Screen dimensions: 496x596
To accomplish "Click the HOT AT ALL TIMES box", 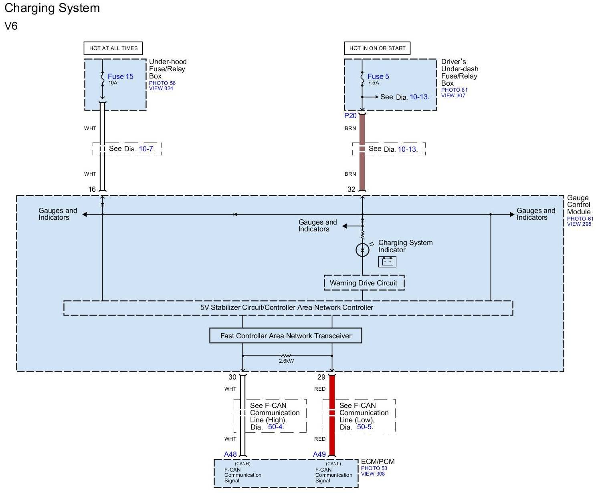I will [x=113, y=48].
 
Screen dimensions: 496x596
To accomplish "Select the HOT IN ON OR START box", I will [x=377, y=48].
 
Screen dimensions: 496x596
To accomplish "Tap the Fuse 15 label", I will [x=120, y=76].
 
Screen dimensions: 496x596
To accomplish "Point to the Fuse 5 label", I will [x=378, y=76].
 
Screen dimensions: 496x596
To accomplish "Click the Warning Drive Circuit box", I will [x=364, y=283].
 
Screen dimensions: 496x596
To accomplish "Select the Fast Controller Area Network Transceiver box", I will [x=285, y=336].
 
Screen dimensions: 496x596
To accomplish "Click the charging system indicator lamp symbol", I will [x=362, y=250].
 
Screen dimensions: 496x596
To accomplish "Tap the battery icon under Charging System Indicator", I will [x=387, y=262].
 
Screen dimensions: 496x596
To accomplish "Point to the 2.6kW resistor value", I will [x=286, y=361].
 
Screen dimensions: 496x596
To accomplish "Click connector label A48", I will [x=230, y=454].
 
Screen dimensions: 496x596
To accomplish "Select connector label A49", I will [x=319, y=454].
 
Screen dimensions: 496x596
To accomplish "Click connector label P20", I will [x=350, y=116].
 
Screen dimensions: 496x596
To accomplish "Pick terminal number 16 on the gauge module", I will [x=92, y=189].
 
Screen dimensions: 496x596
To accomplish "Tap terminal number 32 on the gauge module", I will [x=351, y=189].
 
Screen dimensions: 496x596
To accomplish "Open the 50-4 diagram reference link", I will [x=275, y=427].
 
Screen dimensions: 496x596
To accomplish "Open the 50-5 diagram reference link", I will [x=364, y=427].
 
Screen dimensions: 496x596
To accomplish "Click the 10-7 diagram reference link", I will [x=146, y=149].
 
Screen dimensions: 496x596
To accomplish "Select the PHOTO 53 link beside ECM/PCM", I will [x=374, y=468].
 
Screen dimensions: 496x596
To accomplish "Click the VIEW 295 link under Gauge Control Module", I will [x=579, y=224].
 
